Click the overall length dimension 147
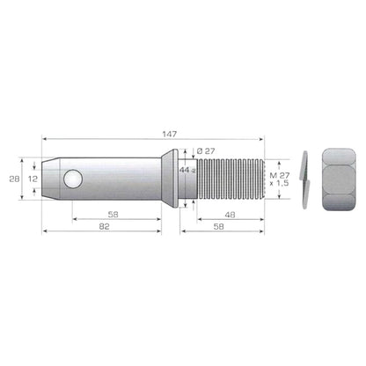(x=170, y=134)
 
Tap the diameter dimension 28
(x=14, y=179)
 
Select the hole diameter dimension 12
(x=33, y=179)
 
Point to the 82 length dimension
(x=104, y=226)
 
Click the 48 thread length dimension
(x=230, y=215)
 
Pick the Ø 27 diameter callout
(x=206, y=151)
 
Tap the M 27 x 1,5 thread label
(x=280, y=179)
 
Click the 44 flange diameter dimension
(x=187, y=170)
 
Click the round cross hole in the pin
(x=73, y=179)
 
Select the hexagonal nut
(x=339, y=179)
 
